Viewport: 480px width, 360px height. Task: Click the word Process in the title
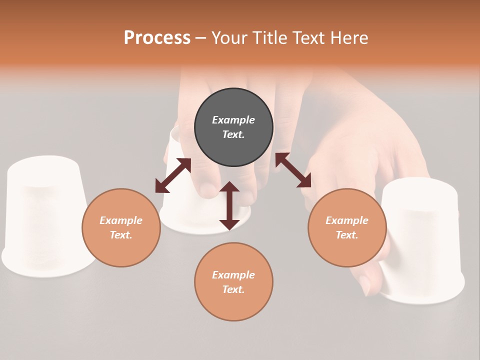coord(157,38)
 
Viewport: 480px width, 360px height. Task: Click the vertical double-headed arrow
coord(229,205)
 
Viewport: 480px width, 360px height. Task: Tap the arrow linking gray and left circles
coord(173,175)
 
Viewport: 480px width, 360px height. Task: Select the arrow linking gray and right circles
coord(293,170)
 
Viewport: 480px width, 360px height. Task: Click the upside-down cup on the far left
coord(45,215)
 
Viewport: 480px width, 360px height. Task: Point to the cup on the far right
coord(425,240)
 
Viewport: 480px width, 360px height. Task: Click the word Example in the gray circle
coord(233,120)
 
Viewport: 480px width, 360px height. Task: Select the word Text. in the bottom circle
coord(233,289)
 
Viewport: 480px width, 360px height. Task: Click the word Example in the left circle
coord(121,220)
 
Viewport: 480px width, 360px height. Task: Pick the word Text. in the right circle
coord(347,235)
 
